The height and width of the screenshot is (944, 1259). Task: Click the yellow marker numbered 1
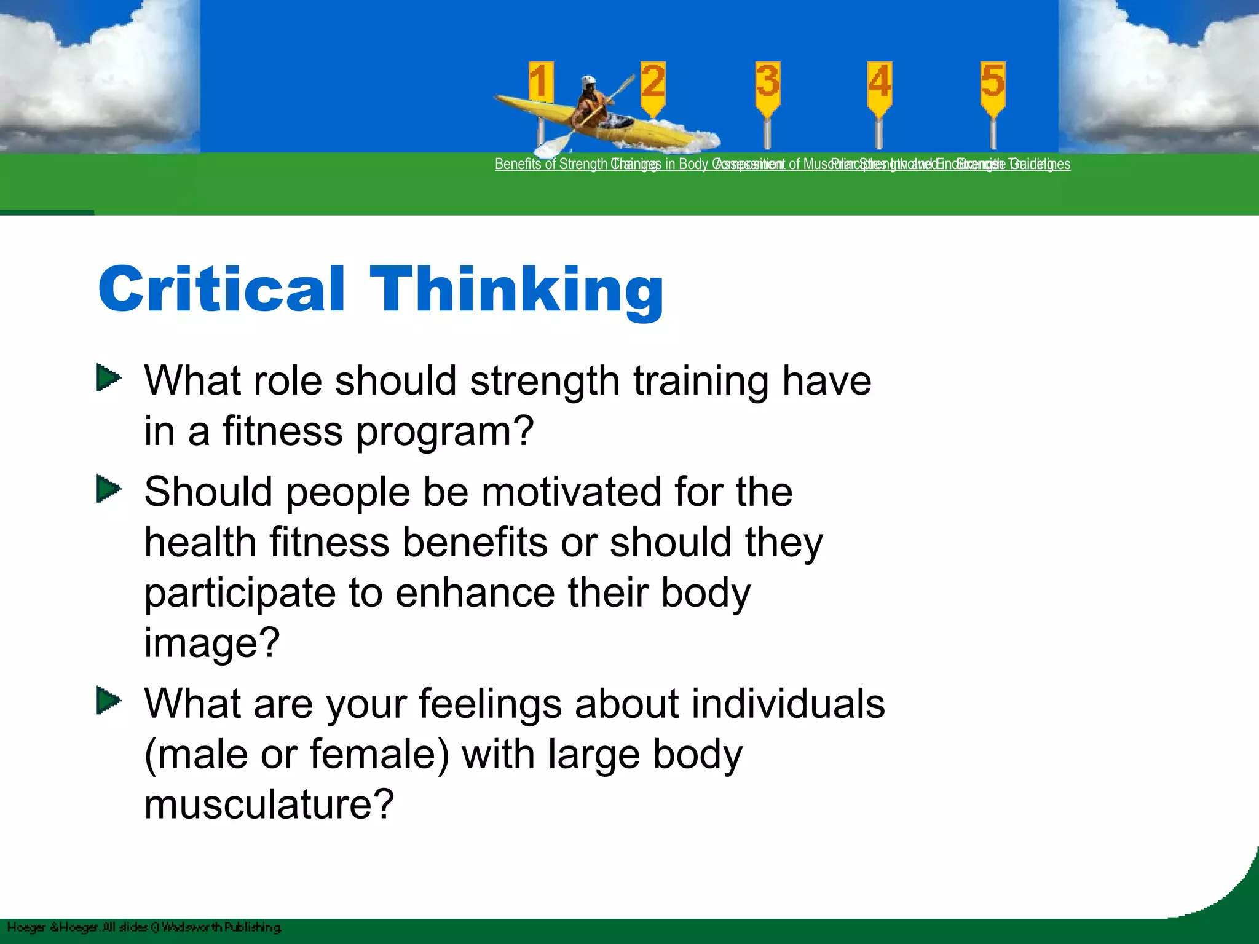coord(540,82)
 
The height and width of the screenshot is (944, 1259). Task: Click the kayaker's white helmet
coord(589,81)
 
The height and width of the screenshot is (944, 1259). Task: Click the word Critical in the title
coord(221,289)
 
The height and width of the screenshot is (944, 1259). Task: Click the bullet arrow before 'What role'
coord(109,378)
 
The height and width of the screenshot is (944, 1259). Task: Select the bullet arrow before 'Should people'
coord(109,490)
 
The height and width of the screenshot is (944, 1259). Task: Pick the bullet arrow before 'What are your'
coord(109,701)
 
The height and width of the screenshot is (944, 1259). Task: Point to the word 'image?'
coord(212,644)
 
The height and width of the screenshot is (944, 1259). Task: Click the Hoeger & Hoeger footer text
coord(144,927)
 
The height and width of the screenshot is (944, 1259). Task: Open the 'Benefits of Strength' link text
coord(550,164)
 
